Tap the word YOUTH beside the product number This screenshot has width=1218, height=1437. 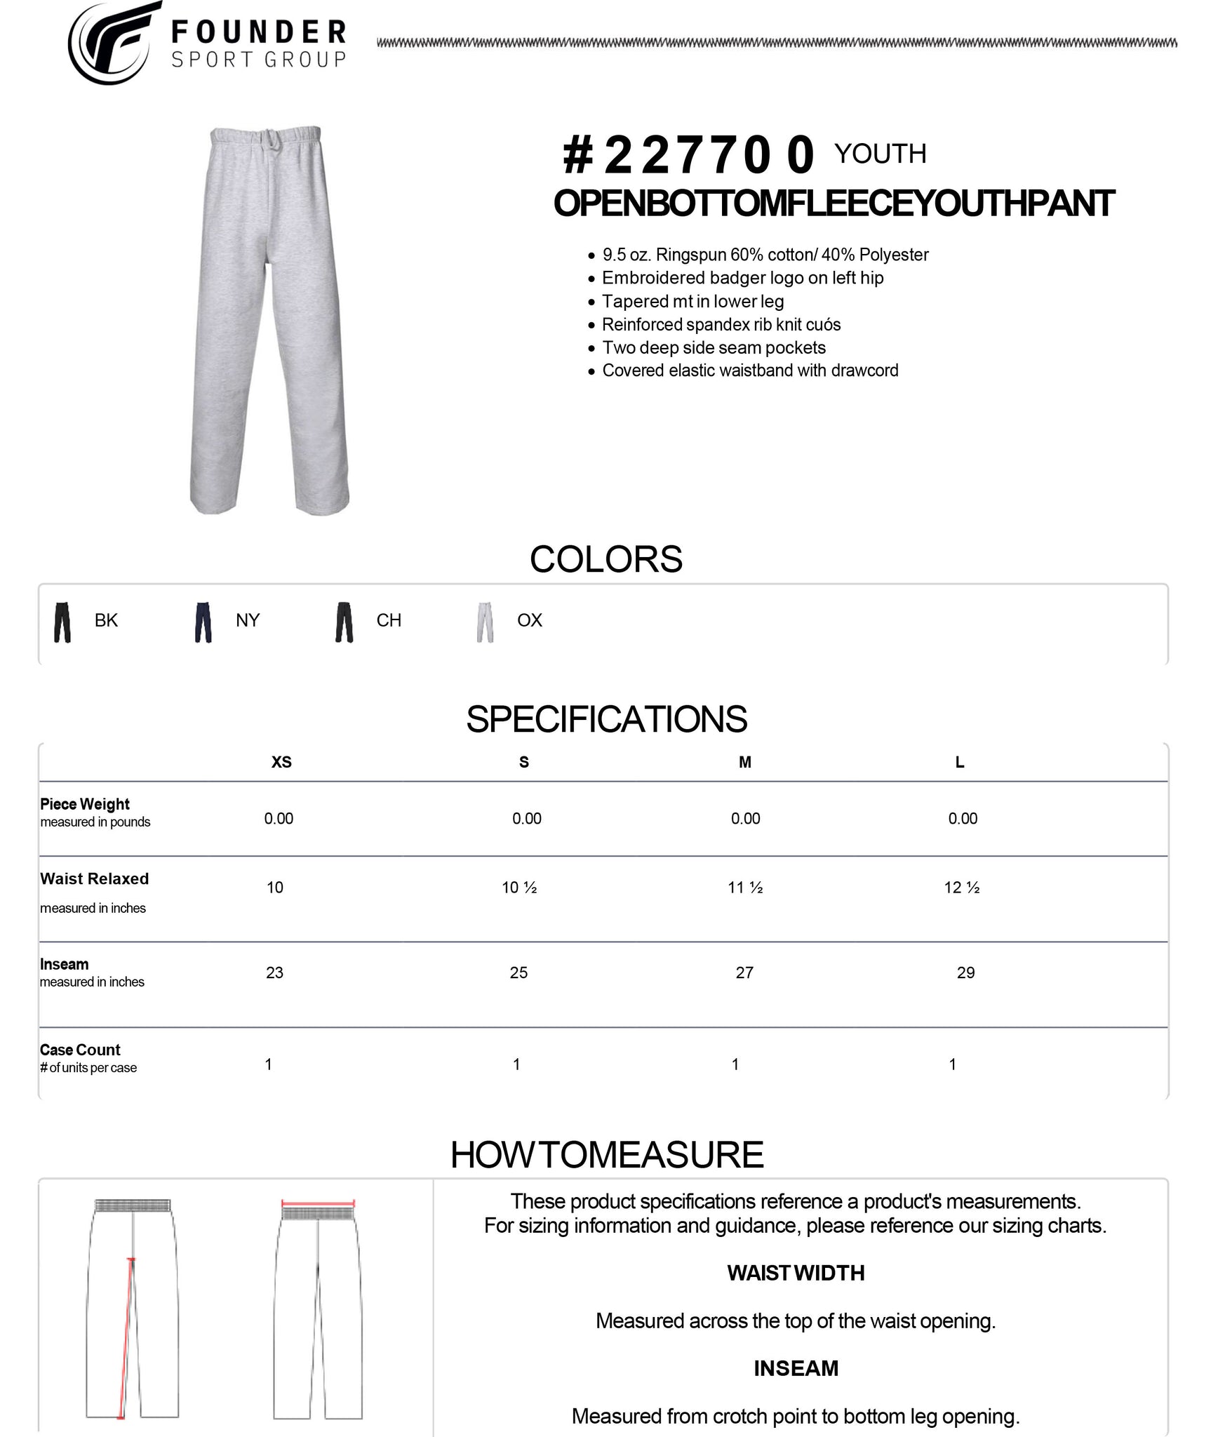(880, 154)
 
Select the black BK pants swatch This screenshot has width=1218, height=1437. (62, 622)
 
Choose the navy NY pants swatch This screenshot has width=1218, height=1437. (203, 622)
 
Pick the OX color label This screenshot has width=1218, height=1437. (529, 620)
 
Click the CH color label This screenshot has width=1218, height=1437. (389, 620)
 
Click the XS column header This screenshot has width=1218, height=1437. (281, 762)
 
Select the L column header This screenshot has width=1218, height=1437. (959, 762)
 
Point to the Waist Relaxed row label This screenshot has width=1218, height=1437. (95, 879)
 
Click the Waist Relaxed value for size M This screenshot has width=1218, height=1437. (745, 888)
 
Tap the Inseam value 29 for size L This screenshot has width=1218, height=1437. (965, 973)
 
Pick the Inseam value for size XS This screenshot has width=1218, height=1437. (274, 973)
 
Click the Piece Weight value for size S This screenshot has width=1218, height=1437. (526, 818)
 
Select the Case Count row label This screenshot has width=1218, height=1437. (80, 1050)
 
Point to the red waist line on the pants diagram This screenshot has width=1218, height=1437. (318, 1202)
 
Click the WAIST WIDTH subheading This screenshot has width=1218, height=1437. (796, 1273)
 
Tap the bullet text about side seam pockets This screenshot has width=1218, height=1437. (714, 347)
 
